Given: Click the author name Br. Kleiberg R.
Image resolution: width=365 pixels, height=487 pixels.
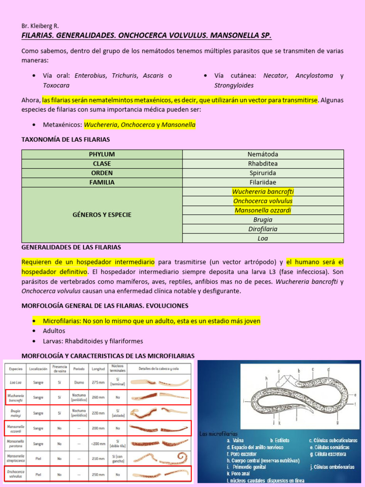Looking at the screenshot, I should (x=40, y=26).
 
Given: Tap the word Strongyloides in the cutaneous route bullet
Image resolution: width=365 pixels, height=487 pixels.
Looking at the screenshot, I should (x=234, y=85).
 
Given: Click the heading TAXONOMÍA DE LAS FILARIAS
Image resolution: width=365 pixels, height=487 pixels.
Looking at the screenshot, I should (x=66, y=139).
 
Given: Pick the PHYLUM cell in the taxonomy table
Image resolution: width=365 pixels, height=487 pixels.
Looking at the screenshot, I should (x=102, y=155).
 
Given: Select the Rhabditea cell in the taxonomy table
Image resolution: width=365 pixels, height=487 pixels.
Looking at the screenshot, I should (x=263, y=164).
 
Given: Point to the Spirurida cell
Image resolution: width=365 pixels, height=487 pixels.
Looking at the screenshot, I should (x=263, y=173).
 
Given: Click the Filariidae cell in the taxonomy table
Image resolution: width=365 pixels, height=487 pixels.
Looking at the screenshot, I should (x=263, y=182).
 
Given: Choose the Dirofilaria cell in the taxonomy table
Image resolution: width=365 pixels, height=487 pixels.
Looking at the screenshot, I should (x=263, y=229).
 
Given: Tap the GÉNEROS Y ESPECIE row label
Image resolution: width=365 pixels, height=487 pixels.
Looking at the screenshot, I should (x=102, y=214).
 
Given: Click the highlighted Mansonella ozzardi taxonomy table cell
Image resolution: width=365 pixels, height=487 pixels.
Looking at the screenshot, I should (x=263, y=210).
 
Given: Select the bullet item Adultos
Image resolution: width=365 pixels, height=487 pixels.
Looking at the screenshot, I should (x=54, y=331).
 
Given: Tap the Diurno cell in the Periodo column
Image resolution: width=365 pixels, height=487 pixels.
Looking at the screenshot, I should (x=79, y=381).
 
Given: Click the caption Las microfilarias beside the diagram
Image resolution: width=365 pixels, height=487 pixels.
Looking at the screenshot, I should (x=219, y=434).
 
